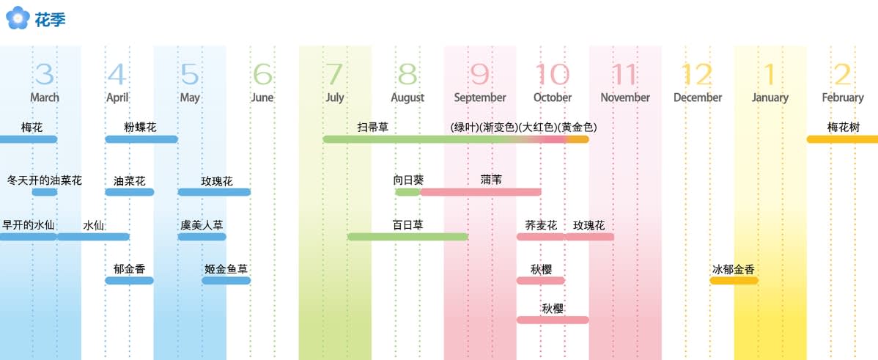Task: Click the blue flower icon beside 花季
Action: pos(18,18)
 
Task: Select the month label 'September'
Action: pos(480,98)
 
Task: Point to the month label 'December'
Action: pos(698,98)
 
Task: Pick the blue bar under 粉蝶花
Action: pos(141,139)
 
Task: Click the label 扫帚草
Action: pos(373,127)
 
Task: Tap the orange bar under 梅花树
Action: pos(842,139)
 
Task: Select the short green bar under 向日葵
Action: pos(407,192)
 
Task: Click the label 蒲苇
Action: pos(491,180)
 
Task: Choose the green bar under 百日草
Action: pos(407,237)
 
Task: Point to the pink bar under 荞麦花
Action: pos(541,237)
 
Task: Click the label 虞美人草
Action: pos(202,225)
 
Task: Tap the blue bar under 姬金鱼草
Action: pos(226,281)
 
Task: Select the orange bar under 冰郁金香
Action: pos(734,281)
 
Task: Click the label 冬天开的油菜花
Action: pos(45,180)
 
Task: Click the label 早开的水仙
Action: pos(29,225)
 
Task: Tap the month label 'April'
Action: pos(117,98)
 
